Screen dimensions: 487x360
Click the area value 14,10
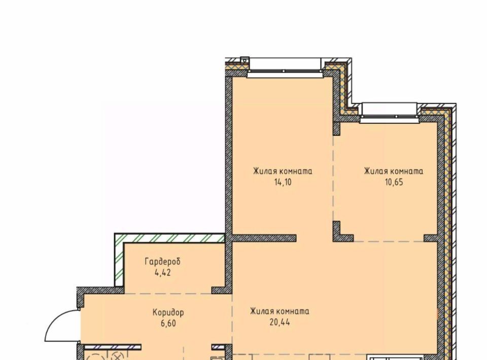(x=283, y=182)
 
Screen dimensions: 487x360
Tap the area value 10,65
(x=394, y=182)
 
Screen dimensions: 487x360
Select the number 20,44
(x=280, y=322)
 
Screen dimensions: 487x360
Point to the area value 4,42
(x=162, y=273)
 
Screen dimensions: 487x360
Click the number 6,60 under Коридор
(x=168, y=323)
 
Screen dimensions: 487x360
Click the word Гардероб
(x=162, y=262)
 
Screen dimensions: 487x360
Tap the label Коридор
(x=168, y=312)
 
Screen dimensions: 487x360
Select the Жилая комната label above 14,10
(x=283, y=171)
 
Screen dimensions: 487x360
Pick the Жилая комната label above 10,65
(x=394, y=171)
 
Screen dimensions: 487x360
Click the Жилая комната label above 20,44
(x=280, y=311)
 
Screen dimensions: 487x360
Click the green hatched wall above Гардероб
(x=169, y=238)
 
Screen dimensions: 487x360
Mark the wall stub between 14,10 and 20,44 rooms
(x=264, y=238)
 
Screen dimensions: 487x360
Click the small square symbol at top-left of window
(x=245, y=60)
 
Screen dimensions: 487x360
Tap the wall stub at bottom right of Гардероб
(x=222, y=290)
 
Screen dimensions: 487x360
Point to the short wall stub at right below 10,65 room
(x=431, y=238)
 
